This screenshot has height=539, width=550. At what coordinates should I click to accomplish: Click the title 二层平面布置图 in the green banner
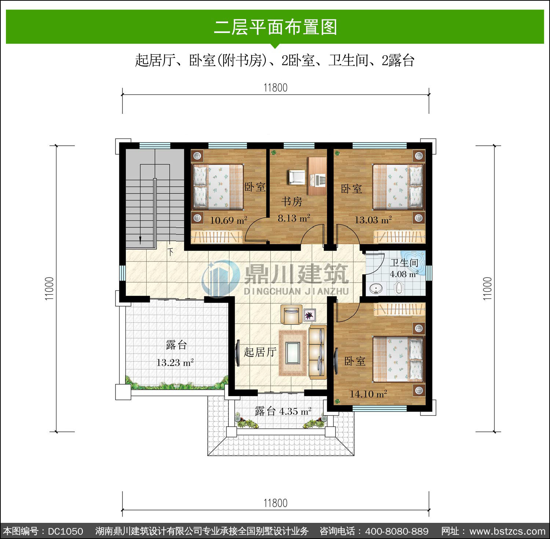click(x=275, y=27)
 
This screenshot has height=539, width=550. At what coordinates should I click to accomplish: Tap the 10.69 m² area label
click(x=228, y=220)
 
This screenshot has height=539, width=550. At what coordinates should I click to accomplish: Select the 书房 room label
click(x=292, y=201)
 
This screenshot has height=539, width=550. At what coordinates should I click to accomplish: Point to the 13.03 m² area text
click(x=373, y=220)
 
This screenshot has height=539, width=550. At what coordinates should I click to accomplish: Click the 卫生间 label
click(x=404, y=263)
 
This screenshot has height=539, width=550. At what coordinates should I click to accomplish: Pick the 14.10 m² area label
click(x=368, y=394)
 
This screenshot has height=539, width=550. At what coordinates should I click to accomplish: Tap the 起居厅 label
click(x=260, y=352)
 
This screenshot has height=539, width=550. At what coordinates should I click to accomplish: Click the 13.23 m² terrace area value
click(x=175, y=363)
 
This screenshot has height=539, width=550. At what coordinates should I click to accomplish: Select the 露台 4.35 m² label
click(x=283, y=411)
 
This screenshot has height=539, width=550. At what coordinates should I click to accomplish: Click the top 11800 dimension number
click(x=275, y=88)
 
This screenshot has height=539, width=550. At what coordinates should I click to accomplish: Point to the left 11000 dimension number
click(x=49, y=289)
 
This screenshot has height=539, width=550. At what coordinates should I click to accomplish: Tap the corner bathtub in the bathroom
click(x=413, y=263)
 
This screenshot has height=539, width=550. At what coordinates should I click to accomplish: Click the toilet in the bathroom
click(x=399, y=288)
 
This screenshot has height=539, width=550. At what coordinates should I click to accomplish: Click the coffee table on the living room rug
click(x=293, y=352)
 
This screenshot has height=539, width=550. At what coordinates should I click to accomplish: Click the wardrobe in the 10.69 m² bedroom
click(x=217, y=237)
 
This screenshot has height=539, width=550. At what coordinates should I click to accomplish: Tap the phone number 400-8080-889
click(x=397, y=531)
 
